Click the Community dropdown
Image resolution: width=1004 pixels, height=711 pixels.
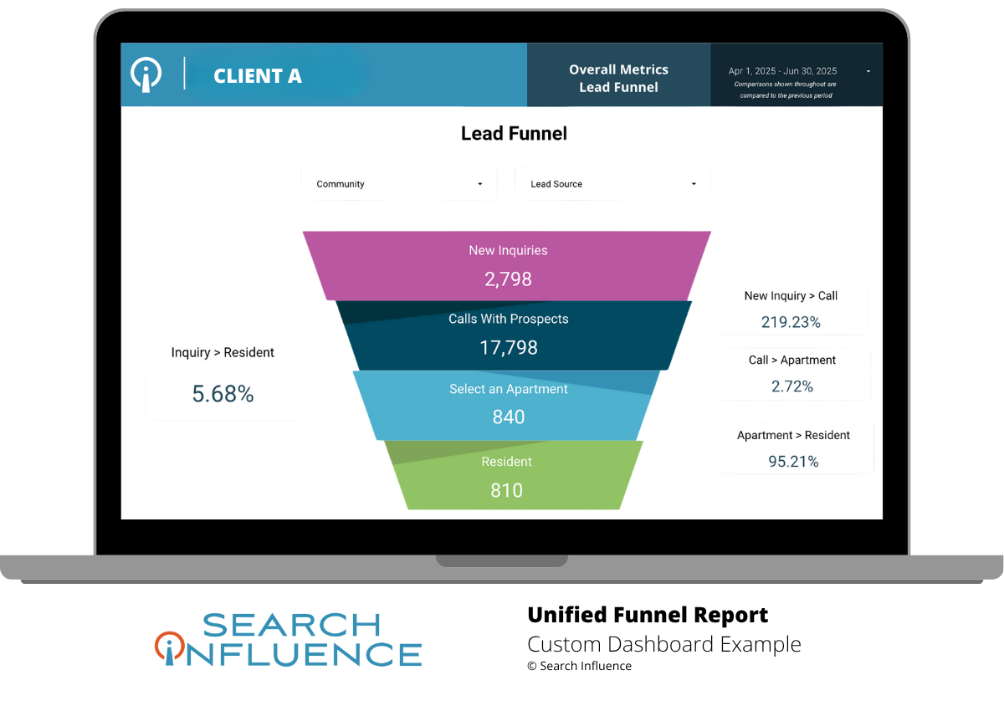(399, 184)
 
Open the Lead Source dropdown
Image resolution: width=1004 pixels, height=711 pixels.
(612, 184)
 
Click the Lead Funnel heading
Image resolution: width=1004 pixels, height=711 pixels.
(514, 133)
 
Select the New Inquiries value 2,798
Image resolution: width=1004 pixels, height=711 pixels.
(508, 279)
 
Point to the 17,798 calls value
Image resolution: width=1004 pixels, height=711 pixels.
(508, 348)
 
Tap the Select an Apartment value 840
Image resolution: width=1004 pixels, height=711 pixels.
(508, 417)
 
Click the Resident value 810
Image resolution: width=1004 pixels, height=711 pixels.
(506, 490)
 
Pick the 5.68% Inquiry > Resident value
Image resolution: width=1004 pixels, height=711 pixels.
(223, 394)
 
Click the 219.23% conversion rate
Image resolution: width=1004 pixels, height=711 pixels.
(791, 322)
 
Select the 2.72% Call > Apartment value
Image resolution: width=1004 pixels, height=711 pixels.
(792, 386)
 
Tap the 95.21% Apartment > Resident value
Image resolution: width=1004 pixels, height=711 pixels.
(793, 461)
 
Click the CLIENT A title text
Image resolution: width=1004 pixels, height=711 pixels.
(258, 76)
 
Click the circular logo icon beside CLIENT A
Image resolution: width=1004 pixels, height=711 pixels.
(146, 74)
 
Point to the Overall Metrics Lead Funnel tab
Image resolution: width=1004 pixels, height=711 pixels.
(618, 79)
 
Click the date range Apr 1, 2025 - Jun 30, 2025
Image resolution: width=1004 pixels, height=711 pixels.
(782, 72)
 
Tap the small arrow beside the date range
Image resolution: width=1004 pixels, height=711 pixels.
(868, 72)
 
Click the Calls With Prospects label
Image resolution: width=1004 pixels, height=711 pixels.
(508, 319)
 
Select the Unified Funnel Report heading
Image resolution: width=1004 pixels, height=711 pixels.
(648, 616)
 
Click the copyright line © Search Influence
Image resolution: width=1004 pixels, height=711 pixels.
(579, 666)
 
